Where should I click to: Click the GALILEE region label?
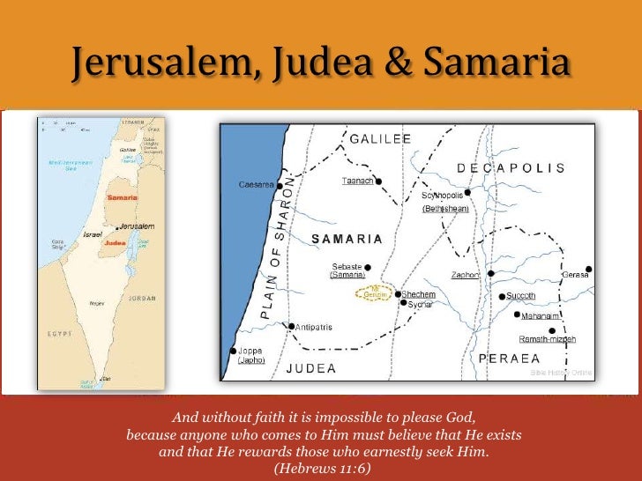click(380, 139)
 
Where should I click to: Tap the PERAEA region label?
click(509, 359)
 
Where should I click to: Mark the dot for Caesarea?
click(280, 186)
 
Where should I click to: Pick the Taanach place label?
click(357, 181)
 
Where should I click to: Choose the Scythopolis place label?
click(443, 195)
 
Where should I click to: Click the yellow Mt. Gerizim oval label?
click(375, 293)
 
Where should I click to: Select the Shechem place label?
click(419, 294)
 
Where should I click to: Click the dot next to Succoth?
click(501, 296)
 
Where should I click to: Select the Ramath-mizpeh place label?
click(548, 339)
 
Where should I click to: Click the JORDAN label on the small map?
click(143, 298)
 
